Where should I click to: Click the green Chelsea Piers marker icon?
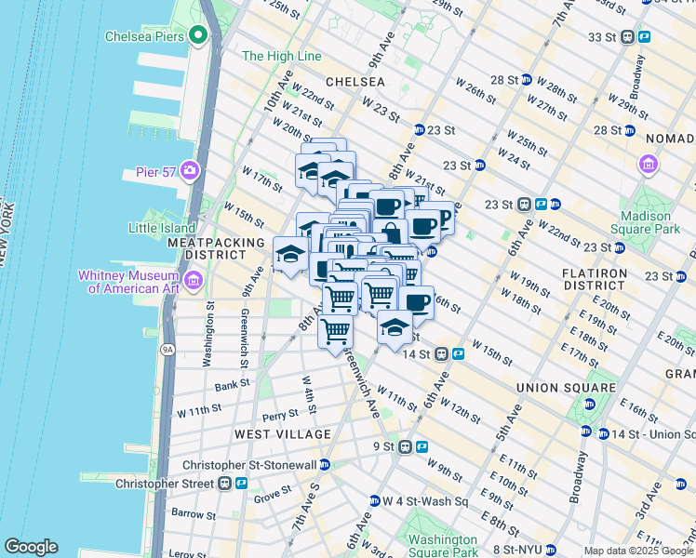pyautogui.click(x=197, y=36)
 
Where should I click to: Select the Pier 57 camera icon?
pyautogui.click(x=190, y=170)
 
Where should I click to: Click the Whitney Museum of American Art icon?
pyautogui.click(x=194, y=280)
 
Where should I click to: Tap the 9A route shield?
pyautogui.click(x=167, y=350)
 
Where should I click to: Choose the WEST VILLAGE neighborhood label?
pyautogui.click(x=282, y=434)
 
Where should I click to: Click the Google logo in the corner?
pyautogui.click(x=31, y=547)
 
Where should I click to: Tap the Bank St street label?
pyautogui.click(x=231, y=383)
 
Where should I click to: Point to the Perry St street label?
pyautogui.click(x=279, y=416)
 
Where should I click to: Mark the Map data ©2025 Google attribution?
pyautogui.click(x=636, y=551)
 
